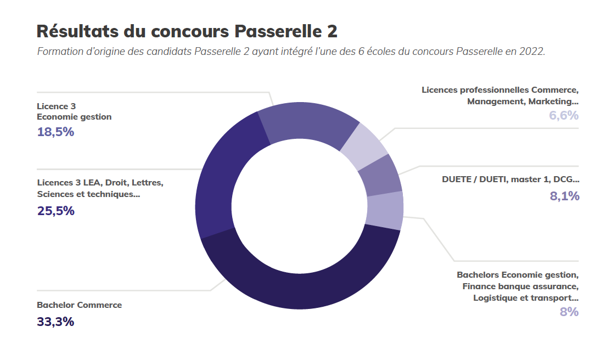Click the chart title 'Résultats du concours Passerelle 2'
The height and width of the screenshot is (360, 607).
pos(187,31)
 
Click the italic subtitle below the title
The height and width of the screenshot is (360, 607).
pos(291,52)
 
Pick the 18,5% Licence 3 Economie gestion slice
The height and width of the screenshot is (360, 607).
pos(307,123)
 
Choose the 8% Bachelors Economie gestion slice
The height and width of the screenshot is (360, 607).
pos(385,210)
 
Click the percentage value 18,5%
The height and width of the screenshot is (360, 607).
pos(55,132)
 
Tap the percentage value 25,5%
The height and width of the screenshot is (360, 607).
pos(55,211)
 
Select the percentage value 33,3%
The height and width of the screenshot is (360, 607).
pos(55,322)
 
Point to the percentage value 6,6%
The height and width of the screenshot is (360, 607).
pos(564,115)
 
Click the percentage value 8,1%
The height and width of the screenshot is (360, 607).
pos(565,196)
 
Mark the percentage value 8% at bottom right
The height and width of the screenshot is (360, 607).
pos(569,312)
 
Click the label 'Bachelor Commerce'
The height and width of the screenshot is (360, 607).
pos(80,305)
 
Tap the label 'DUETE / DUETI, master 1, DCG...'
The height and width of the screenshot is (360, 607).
pos(510,179)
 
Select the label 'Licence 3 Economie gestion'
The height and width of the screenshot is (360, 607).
pos(74,111)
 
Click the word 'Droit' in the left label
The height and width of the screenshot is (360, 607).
pos(116,183)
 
